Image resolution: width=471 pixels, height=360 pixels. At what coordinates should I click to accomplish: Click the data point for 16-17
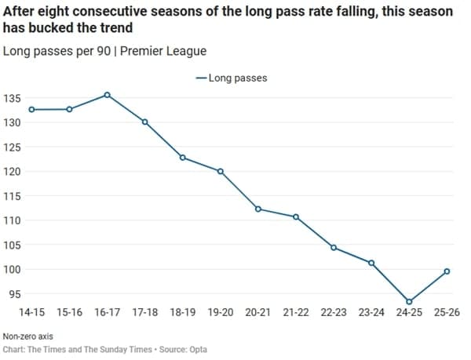pyautogui.click(x=107, y=95)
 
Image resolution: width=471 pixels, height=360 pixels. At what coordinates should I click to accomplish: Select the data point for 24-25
pyautogui.click(x=409, y=301)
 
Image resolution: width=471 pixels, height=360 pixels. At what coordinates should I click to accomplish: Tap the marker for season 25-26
pyautogui.click(x=447, y=271)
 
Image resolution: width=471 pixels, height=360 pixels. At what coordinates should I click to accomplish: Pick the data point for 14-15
pyautogui.click(x=31, y=109)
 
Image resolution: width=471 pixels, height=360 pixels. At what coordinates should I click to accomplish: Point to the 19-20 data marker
pyautogui.click(x=220, y=171)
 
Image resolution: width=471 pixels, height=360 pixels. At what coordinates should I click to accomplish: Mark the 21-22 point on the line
pyautogui.click(x=296, y=216)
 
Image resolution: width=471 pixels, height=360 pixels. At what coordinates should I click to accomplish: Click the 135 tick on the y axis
pyautogui.click(x=13, y=98)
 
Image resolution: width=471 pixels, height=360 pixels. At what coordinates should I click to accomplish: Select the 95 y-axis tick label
pyautogui.click(x=15, y=294)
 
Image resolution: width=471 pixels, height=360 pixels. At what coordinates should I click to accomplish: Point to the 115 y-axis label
pyautogui.click(x=13, y=196)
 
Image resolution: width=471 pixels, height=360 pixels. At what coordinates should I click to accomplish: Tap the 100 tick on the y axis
pyautogui.click(x=13, y=270)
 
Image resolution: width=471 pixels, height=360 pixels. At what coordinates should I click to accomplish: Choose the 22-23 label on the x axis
pyautogui.click(x=334, y=312)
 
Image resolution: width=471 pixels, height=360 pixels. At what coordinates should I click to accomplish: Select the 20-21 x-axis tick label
pyautogui.click(x=258, y=312)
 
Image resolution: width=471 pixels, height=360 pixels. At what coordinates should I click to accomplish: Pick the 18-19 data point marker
pyautogui.click(x=182, y=158)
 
